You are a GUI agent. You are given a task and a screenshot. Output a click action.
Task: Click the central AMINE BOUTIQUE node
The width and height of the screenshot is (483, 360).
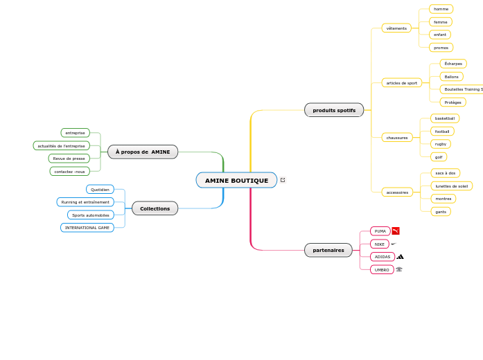[x=236, y=181]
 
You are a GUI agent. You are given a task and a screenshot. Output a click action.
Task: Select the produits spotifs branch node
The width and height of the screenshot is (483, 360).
[x=334, y=110]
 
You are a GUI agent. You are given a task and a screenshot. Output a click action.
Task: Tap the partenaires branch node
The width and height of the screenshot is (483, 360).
[x=328, y=250]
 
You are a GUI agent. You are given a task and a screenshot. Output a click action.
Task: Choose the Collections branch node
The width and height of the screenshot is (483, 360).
[x=155, y=208]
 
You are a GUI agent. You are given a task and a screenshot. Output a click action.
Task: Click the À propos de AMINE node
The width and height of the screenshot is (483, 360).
[x=143, y=152]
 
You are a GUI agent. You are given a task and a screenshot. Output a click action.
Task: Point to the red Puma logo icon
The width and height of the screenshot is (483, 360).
[x=396, y=231]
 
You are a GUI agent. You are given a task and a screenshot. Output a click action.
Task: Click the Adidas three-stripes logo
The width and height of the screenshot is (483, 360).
[x=401, y=257]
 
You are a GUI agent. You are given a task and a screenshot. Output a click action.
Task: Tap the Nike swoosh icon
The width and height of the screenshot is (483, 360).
[x=394, y=244]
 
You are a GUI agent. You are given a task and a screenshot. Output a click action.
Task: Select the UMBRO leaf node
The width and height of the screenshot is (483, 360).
[x=382, y=269]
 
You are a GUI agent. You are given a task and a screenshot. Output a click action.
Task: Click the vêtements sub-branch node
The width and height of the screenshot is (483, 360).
[x=396, y=28]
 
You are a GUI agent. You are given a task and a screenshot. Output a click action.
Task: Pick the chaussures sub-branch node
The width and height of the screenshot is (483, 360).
[x=397, y=138]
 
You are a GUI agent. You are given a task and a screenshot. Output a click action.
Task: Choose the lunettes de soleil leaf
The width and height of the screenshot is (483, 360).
[x=451, y=186]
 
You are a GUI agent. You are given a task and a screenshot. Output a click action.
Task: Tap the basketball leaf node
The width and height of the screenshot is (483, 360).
[x=445, y=118]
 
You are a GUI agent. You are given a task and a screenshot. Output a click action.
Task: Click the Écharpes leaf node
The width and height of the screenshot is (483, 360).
[x=453, y=64]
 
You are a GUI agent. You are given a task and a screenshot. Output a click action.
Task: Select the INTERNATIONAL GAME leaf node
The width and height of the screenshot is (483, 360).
[x=87, y=228]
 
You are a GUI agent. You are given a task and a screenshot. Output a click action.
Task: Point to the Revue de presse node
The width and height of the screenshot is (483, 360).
[x=69, y=159]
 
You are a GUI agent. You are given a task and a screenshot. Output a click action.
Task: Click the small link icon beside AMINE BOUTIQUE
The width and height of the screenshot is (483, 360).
[x=283, y=180]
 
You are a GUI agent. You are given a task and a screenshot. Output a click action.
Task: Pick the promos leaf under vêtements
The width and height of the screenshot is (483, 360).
[x=441, y=48]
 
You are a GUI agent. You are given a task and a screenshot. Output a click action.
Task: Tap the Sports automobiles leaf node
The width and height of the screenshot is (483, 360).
[x=91, y=215]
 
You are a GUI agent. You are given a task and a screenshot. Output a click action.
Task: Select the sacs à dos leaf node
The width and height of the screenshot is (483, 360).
[x=445, y=173]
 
